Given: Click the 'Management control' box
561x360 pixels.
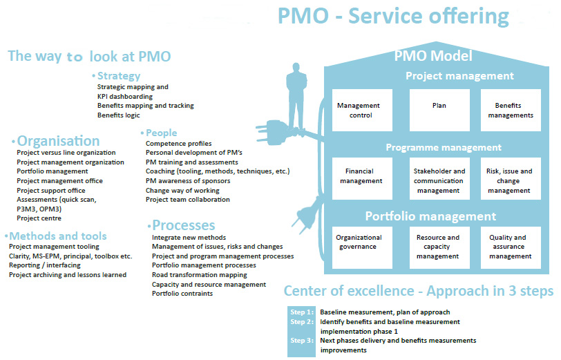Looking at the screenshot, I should click(x=359, y=111).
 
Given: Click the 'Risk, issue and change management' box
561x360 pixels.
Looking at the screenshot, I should click(x=511, y=180).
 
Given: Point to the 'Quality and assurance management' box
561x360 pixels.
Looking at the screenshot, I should click(x=511, y=247).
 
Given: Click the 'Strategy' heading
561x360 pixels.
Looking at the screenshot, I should click(x=118, y=76).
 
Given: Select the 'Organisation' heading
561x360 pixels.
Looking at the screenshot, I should click(x=58, y=141).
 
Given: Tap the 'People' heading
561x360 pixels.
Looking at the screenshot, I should click(x=161, y=133).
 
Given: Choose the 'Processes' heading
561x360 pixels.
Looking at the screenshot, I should click(x=183, y=225).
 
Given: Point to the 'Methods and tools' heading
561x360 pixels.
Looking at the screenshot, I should click(x=52, y=235).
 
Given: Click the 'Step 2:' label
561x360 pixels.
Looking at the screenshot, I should click(x=301, y=322).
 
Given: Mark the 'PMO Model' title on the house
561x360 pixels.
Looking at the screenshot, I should click(x=433, y=56).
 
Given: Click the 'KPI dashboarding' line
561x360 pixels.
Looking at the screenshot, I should click(x=125, y=97).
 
